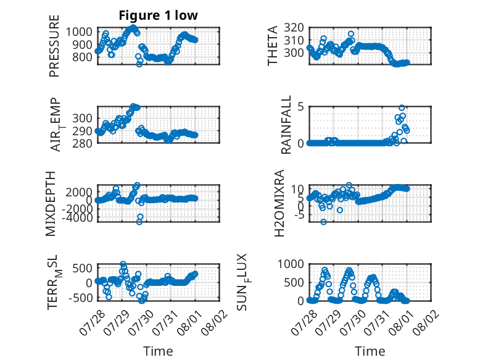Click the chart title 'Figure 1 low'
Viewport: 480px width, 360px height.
pyautogui.click(x=159, y=15)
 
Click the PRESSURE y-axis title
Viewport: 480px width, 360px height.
pyautogui.click(x=54, y=46)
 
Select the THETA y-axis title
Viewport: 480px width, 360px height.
pyautogui.click(x=273, y=46)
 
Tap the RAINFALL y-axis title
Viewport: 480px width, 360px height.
pyautogui.click(x=286, y=125)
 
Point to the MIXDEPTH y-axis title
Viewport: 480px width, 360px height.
pyautogui.click(x=51, y=204)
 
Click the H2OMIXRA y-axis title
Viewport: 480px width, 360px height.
pyautogui.click(x=279, y=203)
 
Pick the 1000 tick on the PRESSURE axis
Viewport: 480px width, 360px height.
pyautogui.click(x=79, y=31)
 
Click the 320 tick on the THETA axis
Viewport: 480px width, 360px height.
pyautogui.click(x=294, y=28)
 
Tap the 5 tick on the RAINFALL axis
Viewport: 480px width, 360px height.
pyautogui.click(x=300, y=107)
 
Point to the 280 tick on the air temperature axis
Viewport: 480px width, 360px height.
pyautogui.click(x=82, y=143)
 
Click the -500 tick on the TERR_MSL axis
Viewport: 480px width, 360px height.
pyautogui.click(x=80, y=298)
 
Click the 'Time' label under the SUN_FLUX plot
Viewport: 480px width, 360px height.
pyautogui.click(x=370, y=351)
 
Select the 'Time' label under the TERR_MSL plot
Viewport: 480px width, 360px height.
pyautogui.click(x=159, y=351)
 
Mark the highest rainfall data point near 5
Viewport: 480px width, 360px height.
pyautogui.click(x=402, y=107)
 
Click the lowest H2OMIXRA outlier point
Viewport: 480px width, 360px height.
pyautogui.click(x=323, y=222)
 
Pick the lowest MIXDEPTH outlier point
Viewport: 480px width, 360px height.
pyautogui.click(x=139, y=222)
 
